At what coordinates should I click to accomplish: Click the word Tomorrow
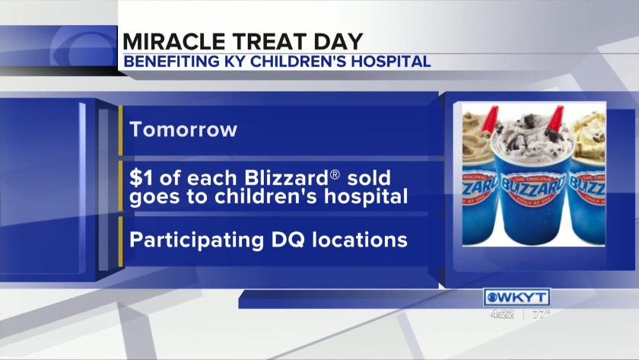click(x=183, y=129)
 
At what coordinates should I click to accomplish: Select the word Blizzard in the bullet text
click(x=286, y=178)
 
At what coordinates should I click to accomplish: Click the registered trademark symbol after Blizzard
click(x=334, y=174)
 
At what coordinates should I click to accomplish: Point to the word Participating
click(x=196, y=240)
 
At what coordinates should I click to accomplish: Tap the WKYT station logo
click(x=517, y=298)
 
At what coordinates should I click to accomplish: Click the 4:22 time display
click(x=502, y=314)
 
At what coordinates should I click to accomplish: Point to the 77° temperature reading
click(x=541, y=314)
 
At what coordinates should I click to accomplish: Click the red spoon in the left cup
click(x=490, y=119)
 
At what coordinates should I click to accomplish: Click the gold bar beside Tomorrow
click(x=121, y=130)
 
